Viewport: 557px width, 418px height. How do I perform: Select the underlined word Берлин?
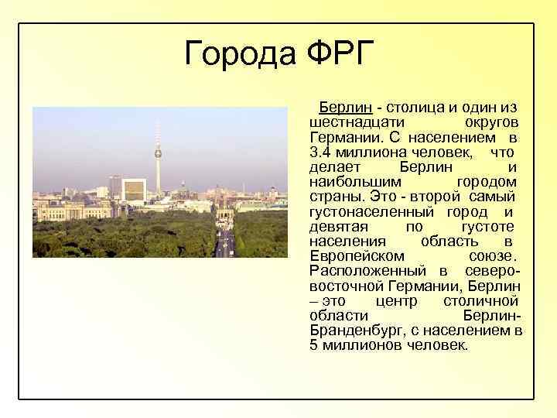tap(341, 106)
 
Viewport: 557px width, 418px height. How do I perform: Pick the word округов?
tap(491, 123)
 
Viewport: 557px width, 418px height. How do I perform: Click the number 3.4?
tap(320, 152)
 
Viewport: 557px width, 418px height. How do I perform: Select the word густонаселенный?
tap(373, 211)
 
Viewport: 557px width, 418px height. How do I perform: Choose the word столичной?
tap(481, 300)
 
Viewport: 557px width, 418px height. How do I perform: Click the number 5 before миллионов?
tap(313, 344)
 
